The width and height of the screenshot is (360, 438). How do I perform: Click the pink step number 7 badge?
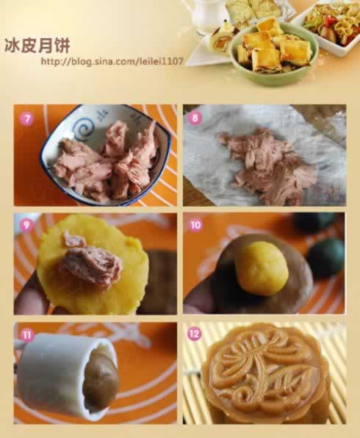(x=26, y=119)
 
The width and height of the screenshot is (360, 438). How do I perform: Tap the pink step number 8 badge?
(x=195, y=118)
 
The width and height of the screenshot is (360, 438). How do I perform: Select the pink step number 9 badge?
(x=26, y=225)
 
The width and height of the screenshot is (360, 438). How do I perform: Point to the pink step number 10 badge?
(x=195, y=225)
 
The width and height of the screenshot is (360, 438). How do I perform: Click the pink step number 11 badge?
(x=27, y=334)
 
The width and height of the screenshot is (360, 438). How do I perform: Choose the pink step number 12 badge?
(x=195, y=334)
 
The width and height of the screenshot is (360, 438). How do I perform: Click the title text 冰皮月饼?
(x=37, y=45)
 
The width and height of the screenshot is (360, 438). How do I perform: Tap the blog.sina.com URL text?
(x=112, y=61)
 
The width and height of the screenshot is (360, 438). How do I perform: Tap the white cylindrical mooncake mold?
(x=66, y=375)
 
